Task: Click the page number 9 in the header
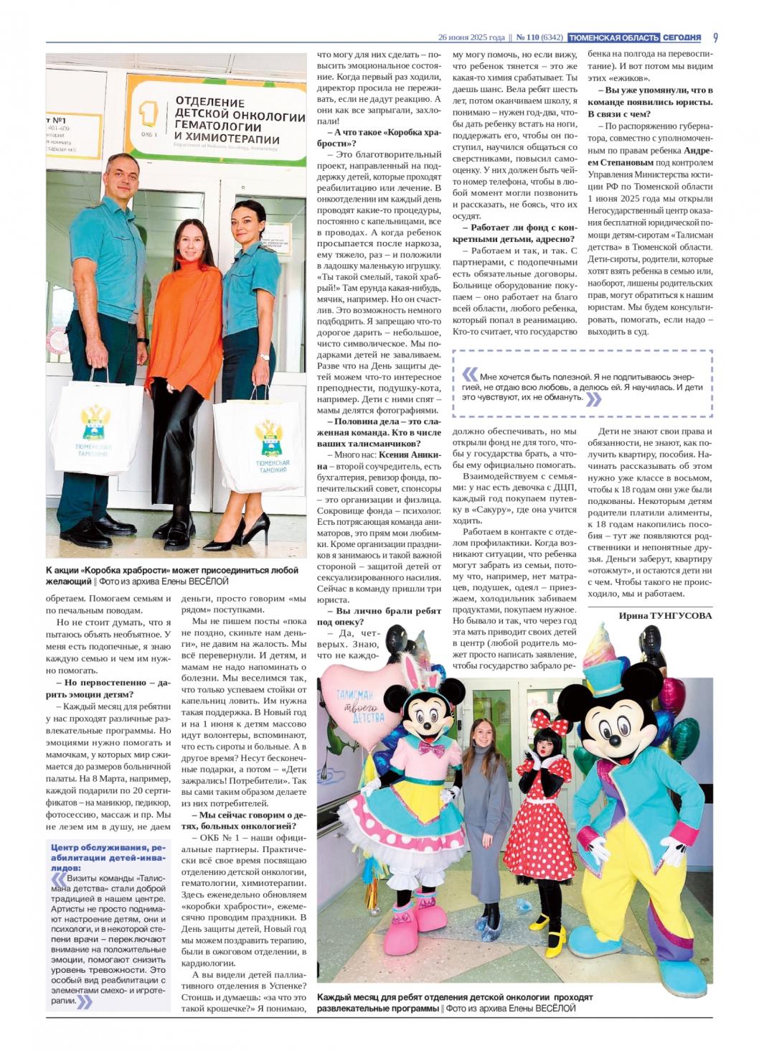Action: (x=715, y=37)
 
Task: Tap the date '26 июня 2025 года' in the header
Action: (x=472, y=37)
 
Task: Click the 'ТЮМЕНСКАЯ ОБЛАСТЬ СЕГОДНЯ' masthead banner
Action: (x=634, y=37)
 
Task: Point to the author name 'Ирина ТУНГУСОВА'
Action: (x=665, y=615)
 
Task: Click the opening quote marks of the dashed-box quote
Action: (x=469, y=374)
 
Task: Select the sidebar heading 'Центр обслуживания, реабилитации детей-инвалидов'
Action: (x=108, y=856)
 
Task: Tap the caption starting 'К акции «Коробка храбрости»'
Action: (x=171, y=575)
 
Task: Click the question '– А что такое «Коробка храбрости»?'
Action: (x=379, y=137)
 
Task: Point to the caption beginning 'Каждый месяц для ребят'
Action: (x=455, y=1002)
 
